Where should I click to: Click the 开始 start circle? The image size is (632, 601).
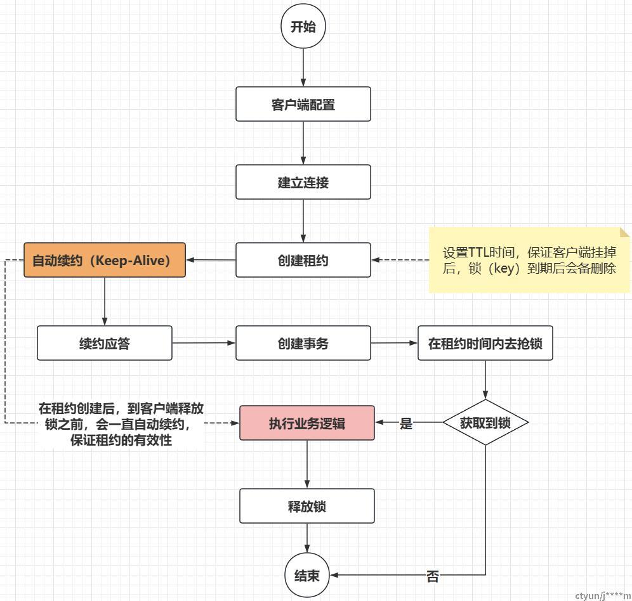pos(303,27)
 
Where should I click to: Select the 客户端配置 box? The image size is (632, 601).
pos(303,105)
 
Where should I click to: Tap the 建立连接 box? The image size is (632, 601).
pos(303,183)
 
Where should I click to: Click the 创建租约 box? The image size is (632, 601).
pos(303,260)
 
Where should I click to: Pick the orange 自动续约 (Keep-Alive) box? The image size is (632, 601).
pos(105,260)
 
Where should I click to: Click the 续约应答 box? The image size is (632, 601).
pos(105,343)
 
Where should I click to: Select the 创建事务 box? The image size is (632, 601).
pos(303,343)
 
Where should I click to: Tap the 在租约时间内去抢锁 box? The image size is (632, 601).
pos(485,343)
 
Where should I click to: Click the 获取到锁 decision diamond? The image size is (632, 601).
pos(485,423)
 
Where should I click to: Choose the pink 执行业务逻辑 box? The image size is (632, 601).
pos(307,423)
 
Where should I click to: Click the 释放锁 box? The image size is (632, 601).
pos(307,506)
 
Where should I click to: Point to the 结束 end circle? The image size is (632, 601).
pos(307,575)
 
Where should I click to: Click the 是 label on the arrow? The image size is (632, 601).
pos(406,423)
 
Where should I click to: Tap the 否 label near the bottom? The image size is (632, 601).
pos(432,576)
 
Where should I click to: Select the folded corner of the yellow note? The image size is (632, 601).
pos(624,232)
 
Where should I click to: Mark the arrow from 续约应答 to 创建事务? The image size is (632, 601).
pos(204,343)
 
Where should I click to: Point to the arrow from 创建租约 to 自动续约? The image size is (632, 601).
pos(211,260)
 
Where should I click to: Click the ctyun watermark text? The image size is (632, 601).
pos(602,595)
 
